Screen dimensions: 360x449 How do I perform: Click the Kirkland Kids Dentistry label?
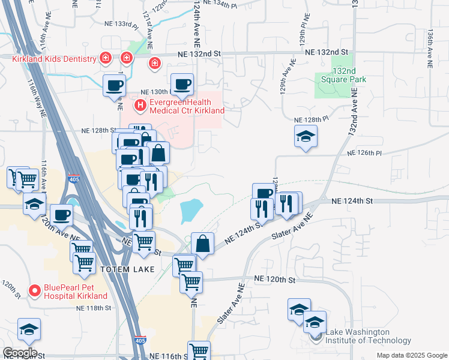(54, 59)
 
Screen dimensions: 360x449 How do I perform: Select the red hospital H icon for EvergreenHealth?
(140, 106)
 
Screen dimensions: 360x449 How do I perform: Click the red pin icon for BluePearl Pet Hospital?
(35, 291)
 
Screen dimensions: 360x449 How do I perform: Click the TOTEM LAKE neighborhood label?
(125, 269)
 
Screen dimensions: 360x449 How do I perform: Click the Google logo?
(20, 353)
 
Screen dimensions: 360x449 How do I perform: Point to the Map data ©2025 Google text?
(411, 355)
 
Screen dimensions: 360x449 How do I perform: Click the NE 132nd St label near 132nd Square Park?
(327, 52)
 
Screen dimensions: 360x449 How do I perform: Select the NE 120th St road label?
(275, 280)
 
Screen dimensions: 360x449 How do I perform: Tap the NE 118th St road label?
(94, 308)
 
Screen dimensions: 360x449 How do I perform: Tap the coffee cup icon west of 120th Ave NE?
(61, 215)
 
